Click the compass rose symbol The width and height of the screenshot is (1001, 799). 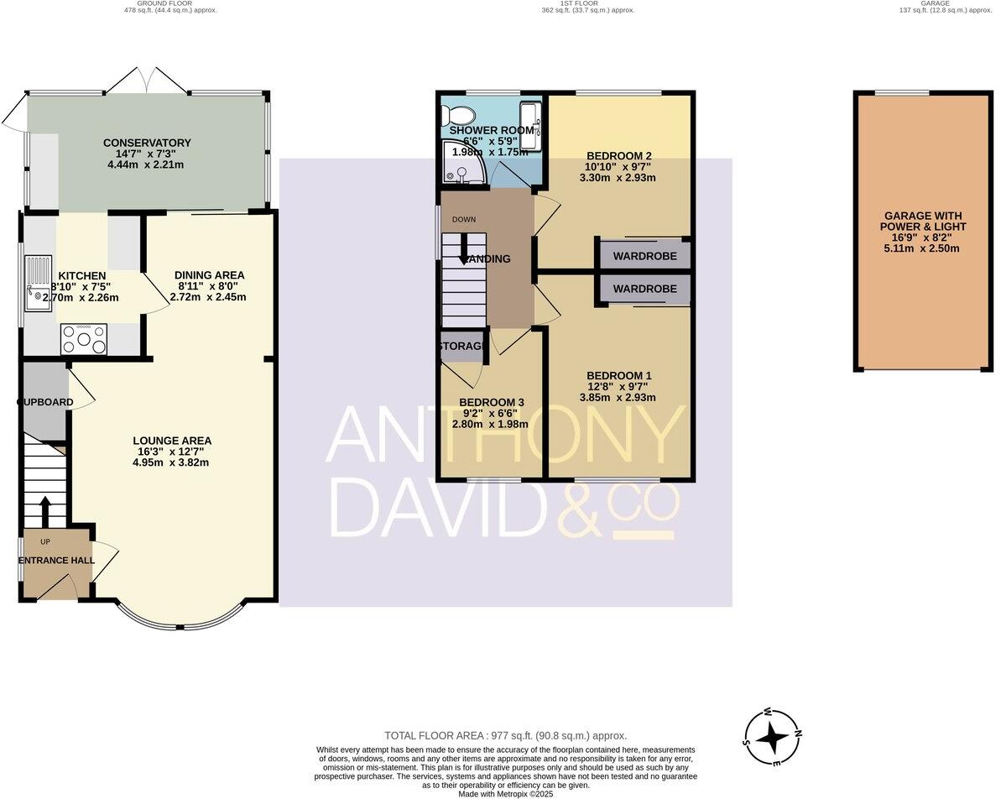coord(771,738)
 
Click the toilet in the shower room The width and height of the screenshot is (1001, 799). coord(459,114)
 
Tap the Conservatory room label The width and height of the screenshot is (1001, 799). coord(147,143)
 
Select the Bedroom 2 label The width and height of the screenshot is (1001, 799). coord(619,155)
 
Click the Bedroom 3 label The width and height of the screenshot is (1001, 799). coord(492,402)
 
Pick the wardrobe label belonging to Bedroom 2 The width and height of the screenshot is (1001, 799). coord(644,256)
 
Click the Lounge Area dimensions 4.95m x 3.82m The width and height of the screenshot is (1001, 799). coord(171,462)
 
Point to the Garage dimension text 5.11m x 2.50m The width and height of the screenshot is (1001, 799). coord(923,248)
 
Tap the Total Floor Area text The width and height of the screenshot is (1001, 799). coord(505,735)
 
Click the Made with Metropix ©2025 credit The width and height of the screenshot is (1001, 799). coord(505,793)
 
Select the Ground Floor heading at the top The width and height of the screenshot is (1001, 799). coord(159,3)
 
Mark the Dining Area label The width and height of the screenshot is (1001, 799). coord(209,274)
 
